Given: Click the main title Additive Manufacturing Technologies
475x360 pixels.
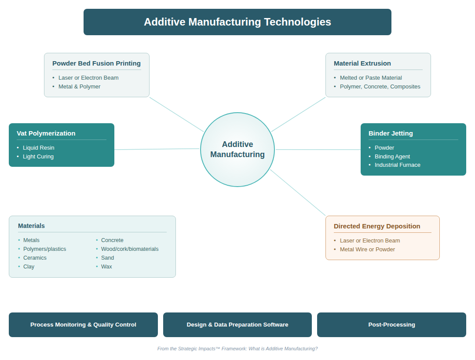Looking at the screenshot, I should click(x=237, y=22).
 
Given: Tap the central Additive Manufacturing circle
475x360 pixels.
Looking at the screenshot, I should click(x=237, y=150).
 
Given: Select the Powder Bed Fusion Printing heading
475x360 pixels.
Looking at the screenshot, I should click(x=96, y=63).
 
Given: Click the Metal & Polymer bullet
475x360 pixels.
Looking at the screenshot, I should click(x=79, y=87).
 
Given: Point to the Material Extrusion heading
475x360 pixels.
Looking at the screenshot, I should click(x=362, y=63).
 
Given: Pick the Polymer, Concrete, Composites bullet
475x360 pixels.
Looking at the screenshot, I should click(x=380, y=87).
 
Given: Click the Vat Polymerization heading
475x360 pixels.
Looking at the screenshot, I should click(x=46, y=133).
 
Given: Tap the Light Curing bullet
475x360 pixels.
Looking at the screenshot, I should click(x=38, y=157).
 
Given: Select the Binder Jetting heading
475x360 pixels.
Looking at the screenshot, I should click(x=391, y=133).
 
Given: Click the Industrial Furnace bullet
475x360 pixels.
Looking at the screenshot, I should click(x=398, y=165).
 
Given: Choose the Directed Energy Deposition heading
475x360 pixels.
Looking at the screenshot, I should click(x=377, y=226).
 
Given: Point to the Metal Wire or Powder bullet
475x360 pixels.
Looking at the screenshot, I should click(x=367, y=250).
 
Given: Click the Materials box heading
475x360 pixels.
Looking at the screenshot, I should click(x=31, y=226).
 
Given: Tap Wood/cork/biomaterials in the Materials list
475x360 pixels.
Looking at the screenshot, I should click(x=130, y=249).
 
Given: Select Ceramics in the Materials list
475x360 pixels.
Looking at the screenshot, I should click(x=35, y=258).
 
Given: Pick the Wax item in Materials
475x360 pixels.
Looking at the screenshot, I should click(x=106, y=267).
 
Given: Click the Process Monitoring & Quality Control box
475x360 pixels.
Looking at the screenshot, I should click(x=83, y=325).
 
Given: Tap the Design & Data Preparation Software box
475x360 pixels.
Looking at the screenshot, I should click(x=237, y=325).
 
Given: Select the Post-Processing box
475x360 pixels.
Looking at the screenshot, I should click(x=391, y=325).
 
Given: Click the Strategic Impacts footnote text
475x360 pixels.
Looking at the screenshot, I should click(x=237, y=349).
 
